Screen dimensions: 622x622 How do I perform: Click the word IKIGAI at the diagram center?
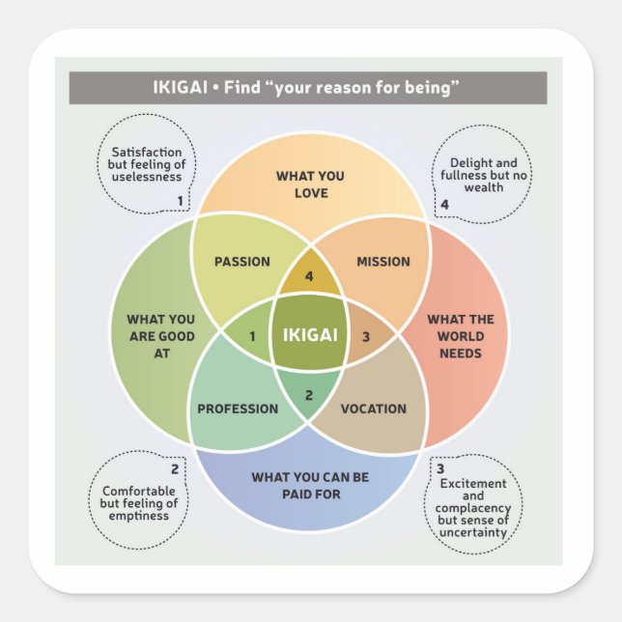[310, 335]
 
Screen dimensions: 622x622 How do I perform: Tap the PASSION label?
[241, 262]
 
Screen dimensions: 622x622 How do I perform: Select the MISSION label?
[383, 262]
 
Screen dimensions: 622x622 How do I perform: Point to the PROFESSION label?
[238, 409]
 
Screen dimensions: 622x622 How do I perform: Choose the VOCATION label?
[374, 409]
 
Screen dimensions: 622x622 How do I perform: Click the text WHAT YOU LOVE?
[309, 184]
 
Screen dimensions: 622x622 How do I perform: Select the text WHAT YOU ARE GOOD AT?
[160, 336]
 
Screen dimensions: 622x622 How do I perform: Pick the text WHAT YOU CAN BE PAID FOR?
[309, 485]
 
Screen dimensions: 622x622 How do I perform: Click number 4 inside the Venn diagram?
[310, 277]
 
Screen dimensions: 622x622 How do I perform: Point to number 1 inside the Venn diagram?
[252, 336]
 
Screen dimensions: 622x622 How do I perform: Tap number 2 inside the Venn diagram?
[309, 394]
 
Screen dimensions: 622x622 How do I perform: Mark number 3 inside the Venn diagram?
[366, 336]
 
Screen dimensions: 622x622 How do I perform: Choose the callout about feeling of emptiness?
[140, 503]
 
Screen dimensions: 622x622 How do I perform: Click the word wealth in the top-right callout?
[484, 187]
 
